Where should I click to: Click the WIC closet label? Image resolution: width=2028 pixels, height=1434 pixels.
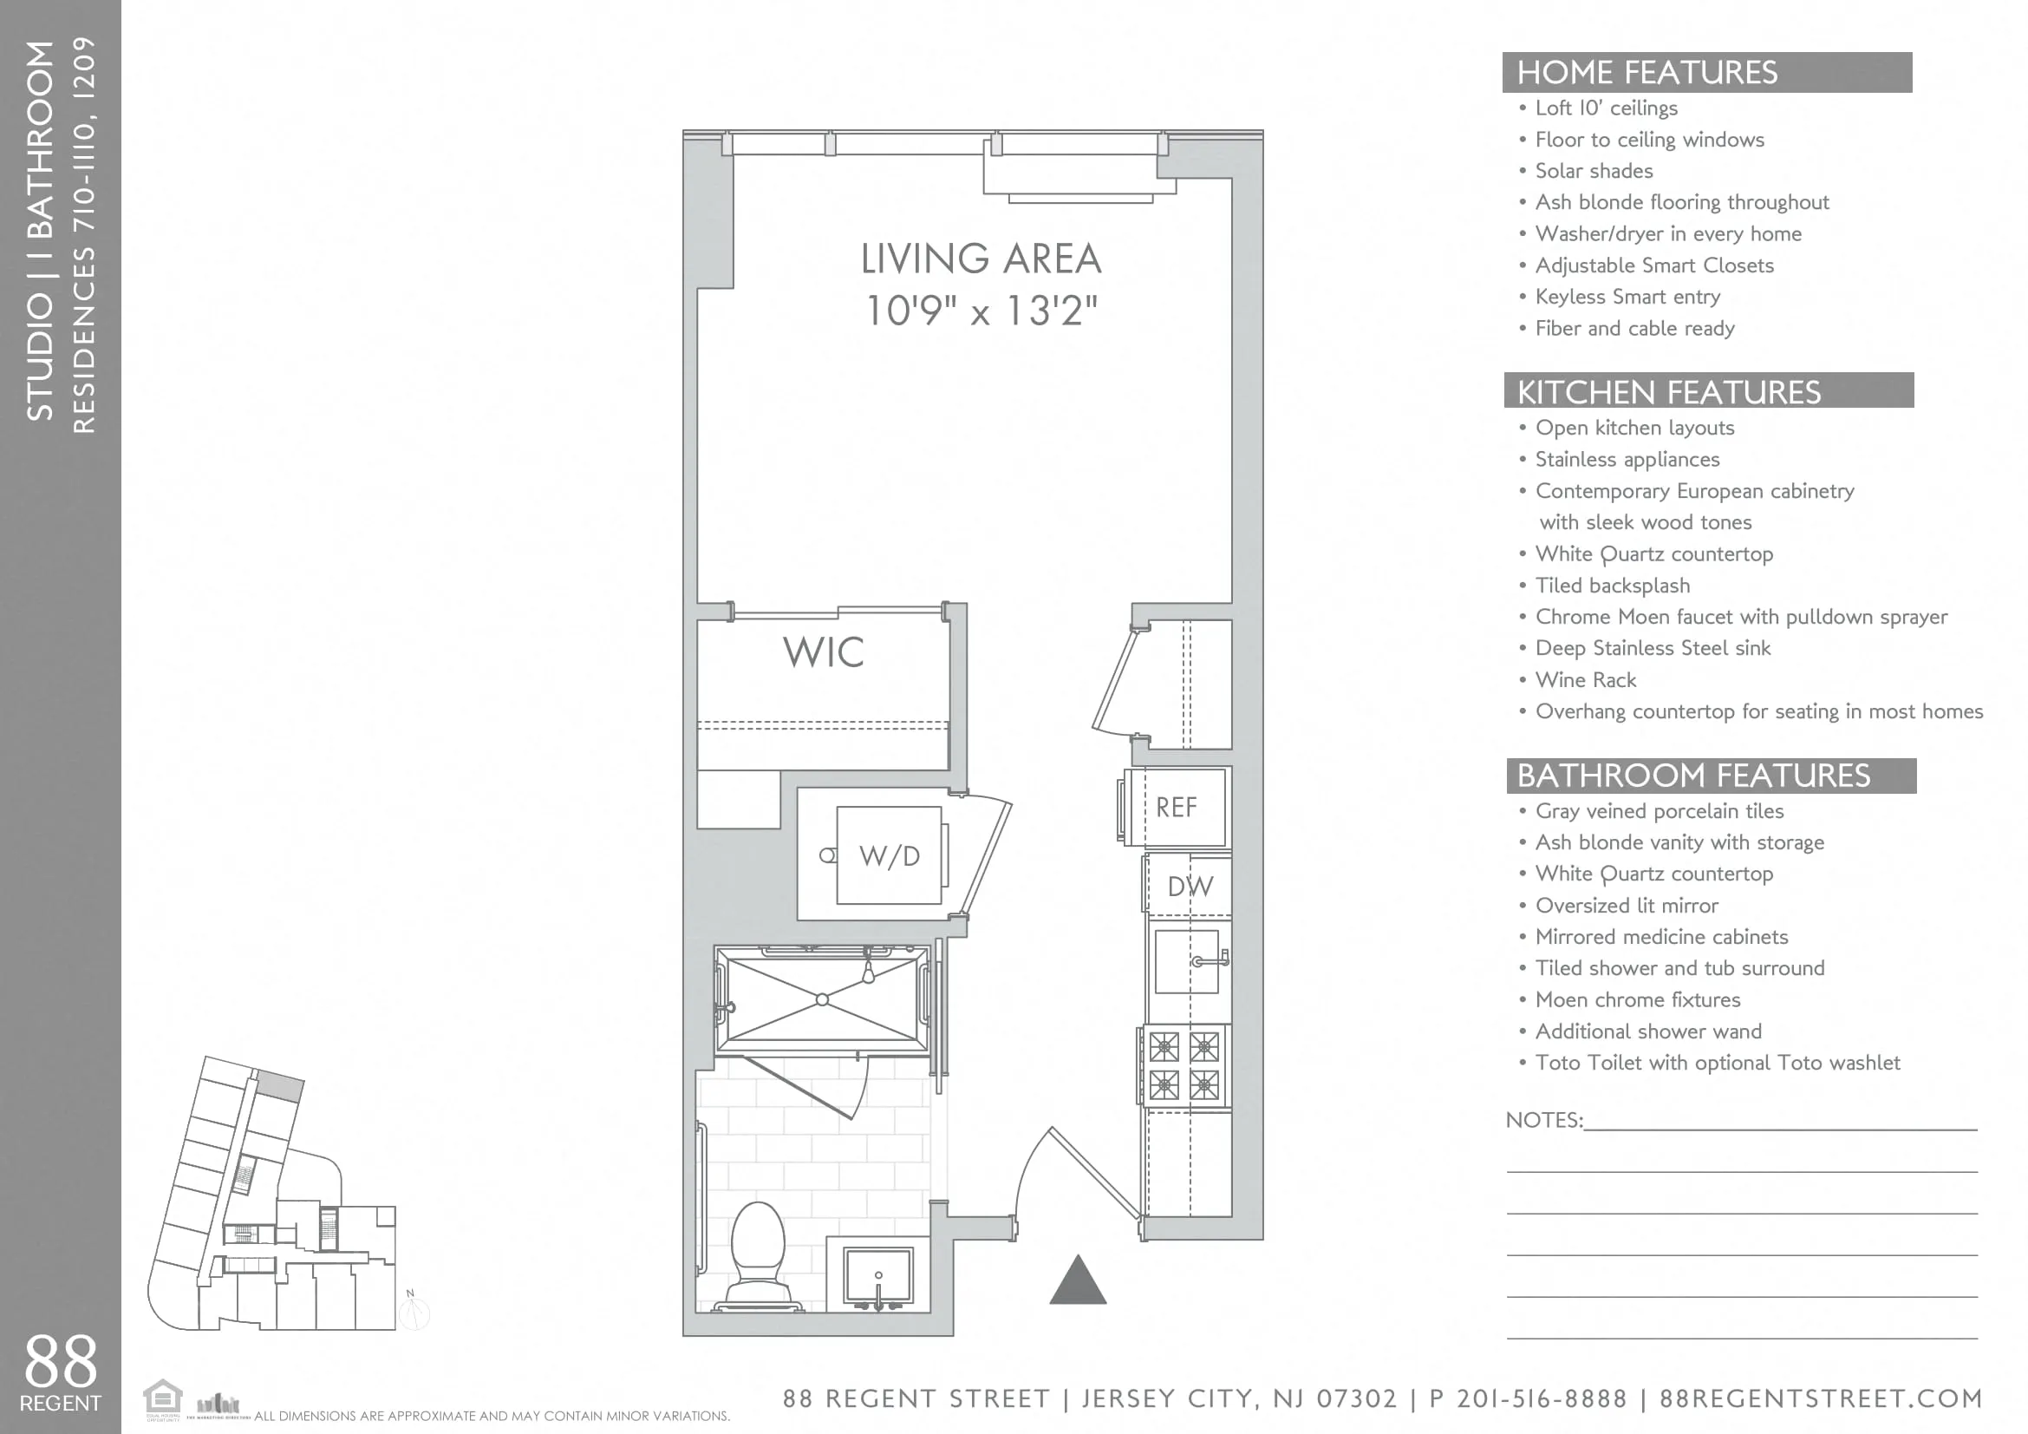click(822, 652)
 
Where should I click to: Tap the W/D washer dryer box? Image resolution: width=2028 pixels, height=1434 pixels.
click(889, 855)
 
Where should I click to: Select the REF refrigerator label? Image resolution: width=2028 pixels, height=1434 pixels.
click(1176, 807)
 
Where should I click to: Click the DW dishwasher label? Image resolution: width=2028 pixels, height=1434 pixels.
click(1190, 887)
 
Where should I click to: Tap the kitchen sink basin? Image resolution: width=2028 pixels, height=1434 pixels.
click(1185, 961)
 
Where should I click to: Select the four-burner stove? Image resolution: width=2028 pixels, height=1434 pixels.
click(1184, 1065)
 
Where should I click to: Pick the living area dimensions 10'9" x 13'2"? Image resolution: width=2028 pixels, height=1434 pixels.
click(981, 311)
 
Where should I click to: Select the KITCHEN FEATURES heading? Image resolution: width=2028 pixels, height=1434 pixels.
click(1668, 391)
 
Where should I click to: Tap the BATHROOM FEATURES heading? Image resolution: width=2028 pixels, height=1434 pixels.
click(1692, 775)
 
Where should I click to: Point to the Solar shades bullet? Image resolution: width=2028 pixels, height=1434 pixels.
click(1593, 171)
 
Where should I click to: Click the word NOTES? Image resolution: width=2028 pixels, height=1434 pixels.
click(1543, 1120)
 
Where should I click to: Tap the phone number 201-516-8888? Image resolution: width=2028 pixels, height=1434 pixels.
click(1542, 1398)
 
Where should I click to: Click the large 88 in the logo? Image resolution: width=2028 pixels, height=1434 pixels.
click(60, 1361)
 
